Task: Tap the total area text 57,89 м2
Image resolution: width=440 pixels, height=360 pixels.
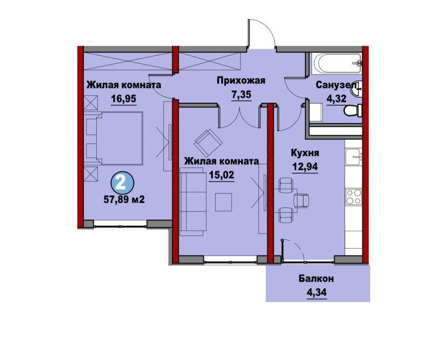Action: pos(123,199)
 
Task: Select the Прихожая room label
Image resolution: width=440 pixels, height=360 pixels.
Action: pos(240,80)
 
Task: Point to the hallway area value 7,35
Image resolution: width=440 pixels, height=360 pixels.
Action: pos(241,96)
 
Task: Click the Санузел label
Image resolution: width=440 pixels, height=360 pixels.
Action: pos(334,85)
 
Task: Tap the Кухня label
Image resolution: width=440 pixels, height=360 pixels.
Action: pos(305,153)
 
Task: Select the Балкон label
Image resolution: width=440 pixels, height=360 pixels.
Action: pos(317,279)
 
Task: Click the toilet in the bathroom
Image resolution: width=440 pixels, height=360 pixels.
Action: pos(354,111)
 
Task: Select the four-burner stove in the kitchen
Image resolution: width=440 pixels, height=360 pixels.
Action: pos(353,196)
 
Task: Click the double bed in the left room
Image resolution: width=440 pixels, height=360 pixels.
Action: pos(115,140)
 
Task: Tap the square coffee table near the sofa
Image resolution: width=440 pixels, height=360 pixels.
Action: pos(223,200)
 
